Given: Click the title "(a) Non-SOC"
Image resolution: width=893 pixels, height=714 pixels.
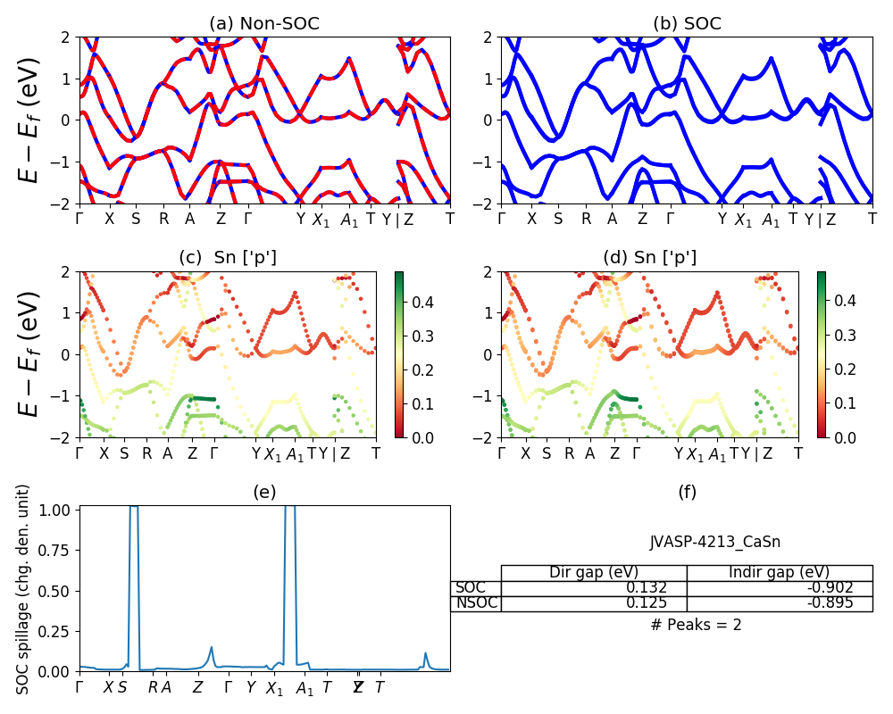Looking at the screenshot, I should point(264,23).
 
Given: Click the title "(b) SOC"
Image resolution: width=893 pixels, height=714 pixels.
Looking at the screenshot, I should point(687,23).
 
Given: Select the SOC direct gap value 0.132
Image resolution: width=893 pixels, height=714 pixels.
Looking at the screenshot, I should point(658,587).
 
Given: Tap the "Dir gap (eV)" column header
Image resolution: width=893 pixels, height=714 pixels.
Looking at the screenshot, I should point(593,572).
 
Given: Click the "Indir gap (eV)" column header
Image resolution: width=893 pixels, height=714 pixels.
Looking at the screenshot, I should point(779,572).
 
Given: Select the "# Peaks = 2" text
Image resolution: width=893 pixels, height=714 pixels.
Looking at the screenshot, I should point(697,625).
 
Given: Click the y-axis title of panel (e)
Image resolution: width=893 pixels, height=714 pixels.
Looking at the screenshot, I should point(23,589).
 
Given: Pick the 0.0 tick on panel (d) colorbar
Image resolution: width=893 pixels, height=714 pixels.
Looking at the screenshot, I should point(839,437).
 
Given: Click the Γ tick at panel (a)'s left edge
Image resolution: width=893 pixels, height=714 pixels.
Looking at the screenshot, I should point(79,220).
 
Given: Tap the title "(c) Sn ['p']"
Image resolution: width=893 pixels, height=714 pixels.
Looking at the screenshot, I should point(228,258).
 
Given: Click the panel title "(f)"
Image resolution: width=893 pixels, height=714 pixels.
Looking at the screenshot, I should point(687,492).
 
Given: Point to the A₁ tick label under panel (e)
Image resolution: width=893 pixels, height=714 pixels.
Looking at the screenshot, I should point(305,688).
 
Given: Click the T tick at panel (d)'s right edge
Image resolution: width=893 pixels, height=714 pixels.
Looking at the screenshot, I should point(798,453).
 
